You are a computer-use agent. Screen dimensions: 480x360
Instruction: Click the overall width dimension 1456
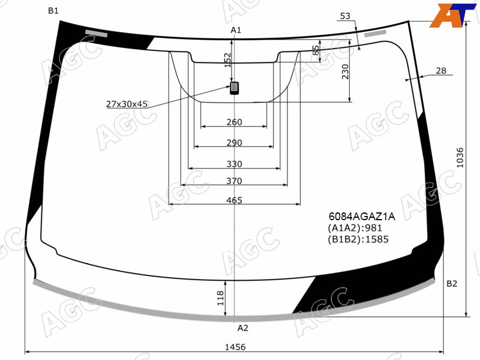coord(235,347)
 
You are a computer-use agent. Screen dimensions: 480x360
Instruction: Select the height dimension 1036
coord(460,158)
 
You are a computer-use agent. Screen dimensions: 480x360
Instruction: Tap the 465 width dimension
coord(234,200)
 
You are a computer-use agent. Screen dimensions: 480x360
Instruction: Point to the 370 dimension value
coord(234,181)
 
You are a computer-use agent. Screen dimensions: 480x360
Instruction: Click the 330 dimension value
coord(234,164)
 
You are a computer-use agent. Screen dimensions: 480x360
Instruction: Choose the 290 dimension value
coord(234,143)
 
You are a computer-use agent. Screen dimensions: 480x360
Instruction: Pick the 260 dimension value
coord(234,122)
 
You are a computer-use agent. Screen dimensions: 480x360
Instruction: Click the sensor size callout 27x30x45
coord(127,104)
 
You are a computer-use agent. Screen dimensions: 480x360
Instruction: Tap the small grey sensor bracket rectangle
coord(235,88)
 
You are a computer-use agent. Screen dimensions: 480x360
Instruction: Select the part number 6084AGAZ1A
coord(362,217)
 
